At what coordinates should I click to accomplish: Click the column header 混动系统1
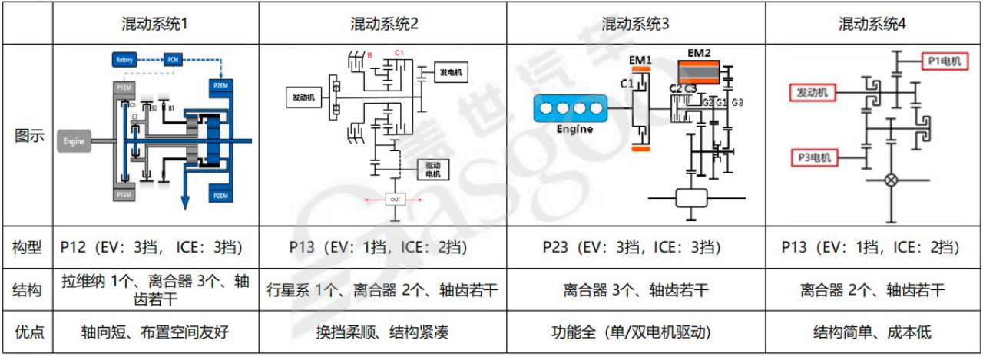[x=154, y=23]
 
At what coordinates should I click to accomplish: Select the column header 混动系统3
[x=635, y=23]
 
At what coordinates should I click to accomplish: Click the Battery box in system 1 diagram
[x=124, y=60]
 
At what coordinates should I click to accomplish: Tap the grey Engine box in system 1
[x=74, y=141]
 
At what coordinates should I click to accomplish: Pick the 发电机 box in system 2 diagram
[x=450, y=72]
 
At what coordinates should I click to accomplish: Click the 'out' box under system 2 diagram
[x=396, y=198]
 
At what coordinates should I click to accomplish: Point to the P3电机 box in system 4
[x=815, y=158]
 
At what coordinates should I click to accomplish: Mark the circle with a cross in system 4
[x=891, y=181]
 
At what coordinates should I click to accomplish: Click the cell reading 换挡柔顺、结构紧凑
[x=382, y=332]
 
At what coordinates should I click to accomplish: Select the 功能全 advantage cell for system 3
[x=635, y=332]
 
